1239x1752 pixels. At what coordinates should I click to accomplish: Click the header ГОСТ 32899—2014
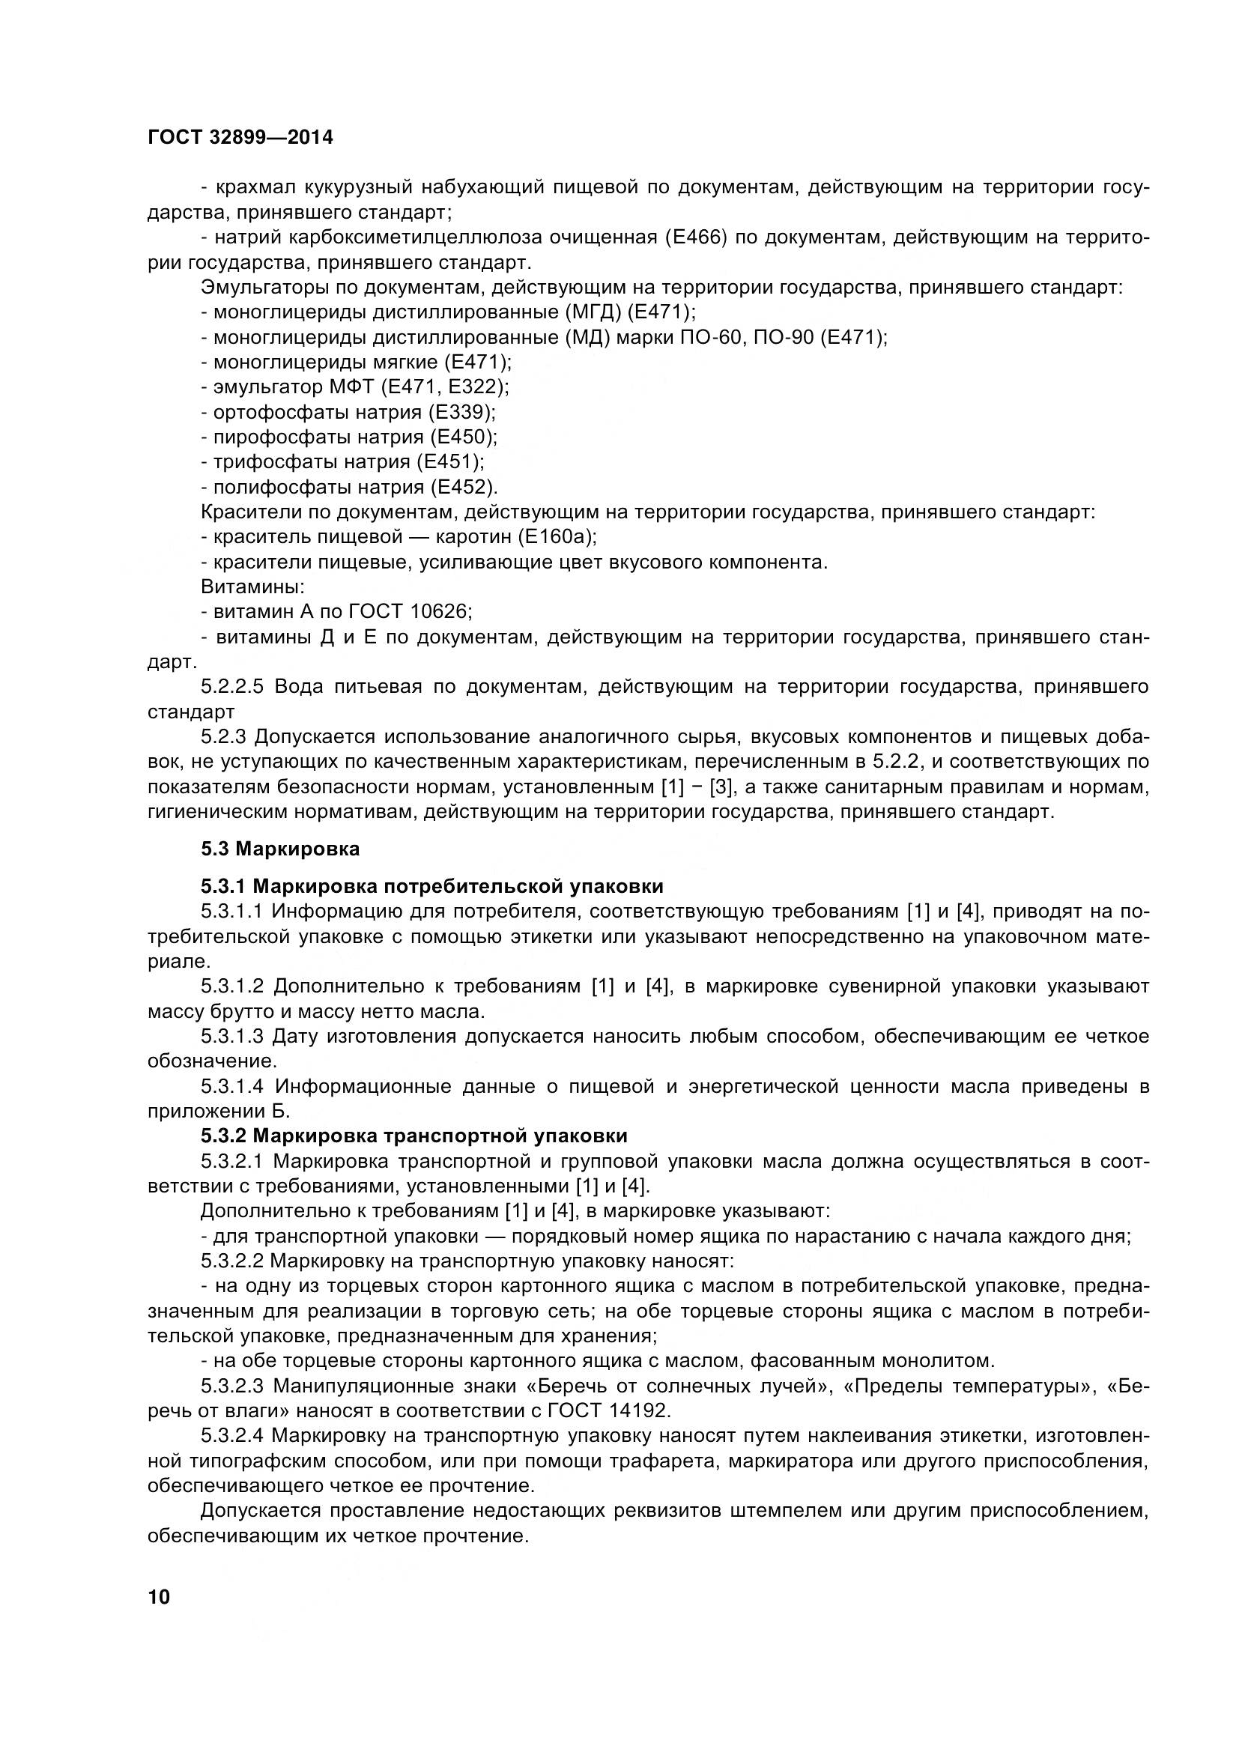[x=240, y=138]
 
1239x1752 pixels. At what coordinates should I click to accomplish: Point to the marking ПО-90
[x=784, y=337]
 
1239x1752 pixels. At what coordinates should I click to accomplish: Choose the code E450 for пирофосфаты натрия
[x=463, y=437]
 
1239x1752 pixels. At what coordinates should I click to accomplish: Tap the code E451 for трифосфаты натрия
[x=450, y=461]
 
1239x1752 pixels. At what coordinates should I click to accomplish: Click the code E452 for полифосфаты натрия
[x=463, y=487]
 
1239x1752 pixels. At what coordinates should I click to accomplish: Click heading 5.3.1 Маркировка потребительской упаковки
[x=431, y=886]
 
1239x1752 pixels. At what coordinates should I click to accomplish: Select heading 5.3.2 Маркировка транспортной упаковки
[x=414, y=1136]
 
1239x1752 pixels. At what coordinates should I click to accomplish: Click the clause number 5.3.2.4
[x=232, y=1435]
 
